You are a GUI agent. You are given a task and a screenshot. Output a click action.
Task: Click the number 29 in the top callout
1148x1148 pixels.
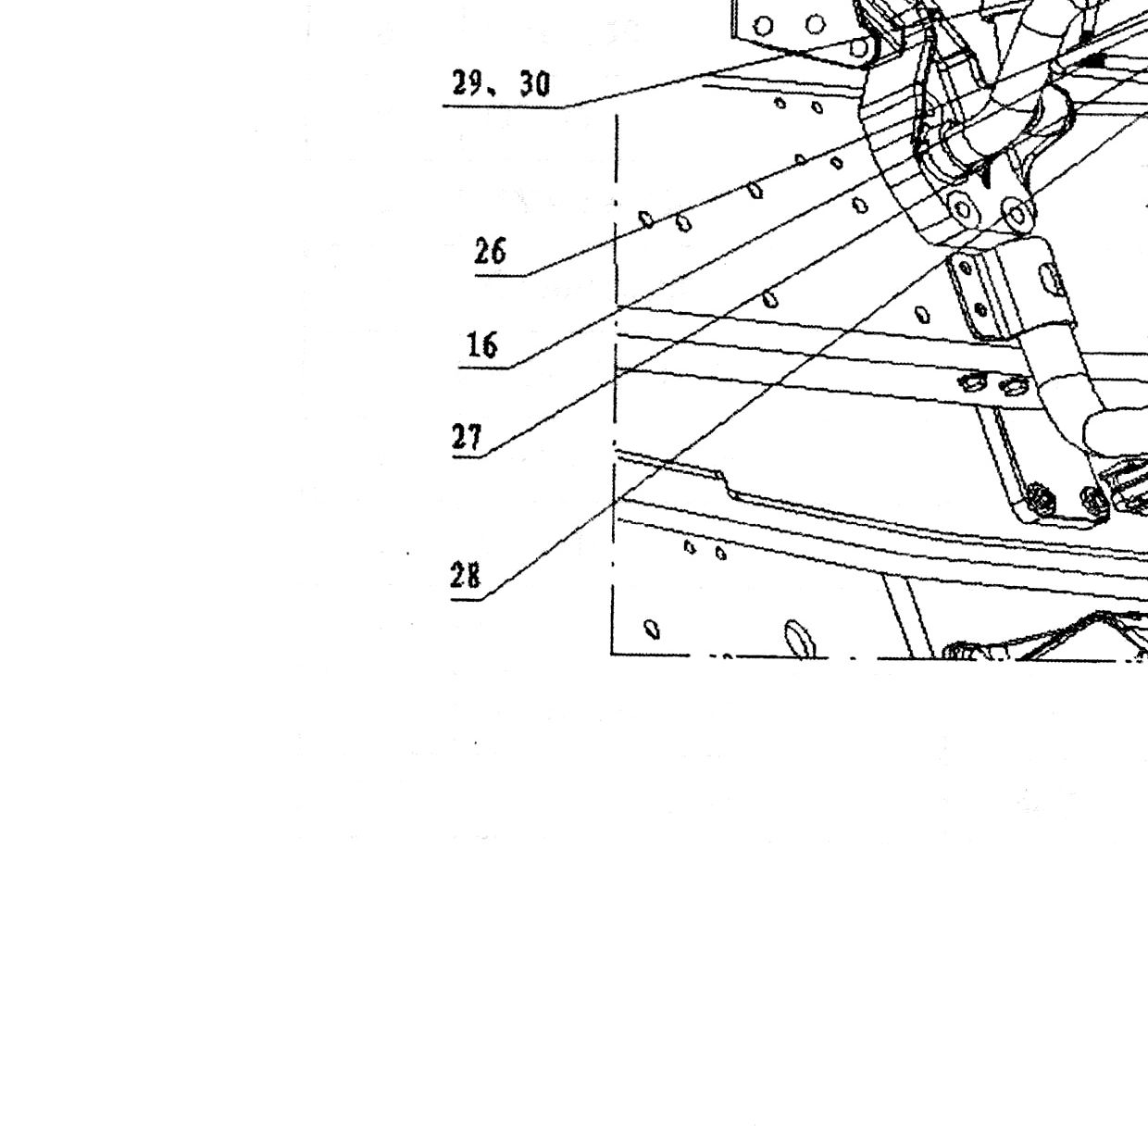(468, 82)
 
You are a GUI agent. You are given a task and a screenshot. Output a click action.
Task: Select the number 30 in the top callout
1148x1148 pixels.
(534, 84)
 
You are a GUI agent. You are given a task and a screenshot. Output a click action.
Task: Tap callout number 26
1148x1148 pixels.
(490, 251)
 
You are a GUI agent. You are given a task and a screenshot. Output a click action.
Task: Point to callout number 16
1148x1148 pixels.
(482, 345)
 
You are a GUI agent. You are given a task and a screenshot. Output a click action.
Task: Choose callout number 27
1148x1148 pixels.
(467, 437)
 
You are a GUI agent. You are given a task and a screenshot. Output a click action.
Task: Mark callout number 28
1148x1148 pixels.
(466, 576)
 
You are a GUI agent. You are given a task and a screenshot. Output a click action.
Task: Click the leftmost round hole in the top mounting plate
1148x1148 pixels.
(763, 26)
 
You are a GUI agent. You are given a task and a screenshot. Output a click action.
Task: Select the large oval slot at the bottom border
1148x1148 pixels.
(799, 639)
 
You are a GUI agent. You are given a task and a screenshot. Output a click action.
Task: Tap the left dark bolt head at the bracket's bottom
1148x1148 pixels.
(1041, 498)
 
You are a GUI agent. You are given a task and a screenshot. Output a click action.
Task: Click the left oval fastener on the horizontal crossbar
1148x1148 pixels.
(973, 381)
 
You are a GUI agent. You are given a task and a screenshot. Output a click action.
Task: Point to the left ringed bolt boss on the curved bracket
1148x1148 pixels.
(964, 209)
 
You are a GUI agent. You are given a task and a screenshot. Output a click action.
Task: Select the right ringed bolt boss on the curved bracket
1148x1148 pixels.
(1017, 214)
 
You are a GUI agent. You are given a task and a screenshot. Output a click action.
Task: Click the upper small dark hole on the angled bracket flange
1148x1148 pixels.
(966, 268)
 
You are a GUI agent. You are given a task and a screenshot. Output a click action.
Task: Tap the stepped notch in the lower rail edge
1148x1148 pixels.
(726, 484)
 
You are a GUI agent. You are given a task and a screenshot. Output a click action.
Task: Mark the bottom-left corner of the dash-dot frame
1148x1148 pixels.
(612, 655)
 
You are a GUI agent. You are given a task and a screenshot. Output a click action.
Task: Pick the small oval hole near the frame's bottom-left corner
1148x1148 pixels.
(653, 630)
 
